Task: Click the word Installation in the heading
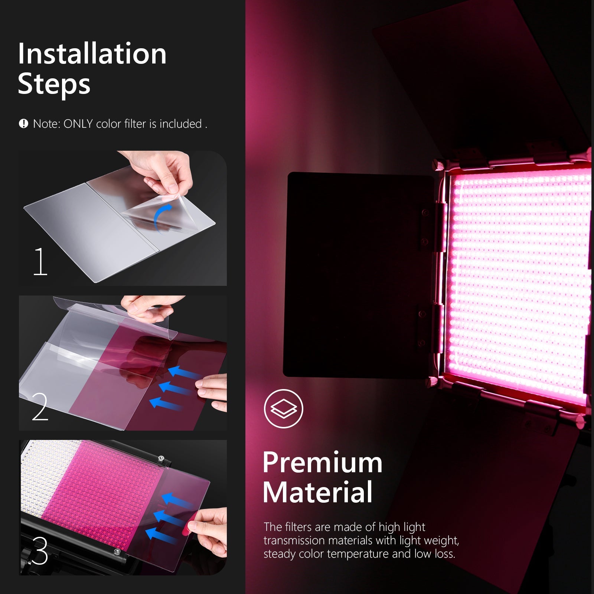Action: click(x=92, y=54)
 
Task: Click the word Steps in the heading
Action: click(x=54, y=84)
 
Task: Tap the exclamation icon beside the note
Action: click(x=23, y=124)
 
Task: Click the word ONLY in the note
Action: click(x=78, y=124)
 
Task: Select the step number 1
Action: click(x=40, y=262)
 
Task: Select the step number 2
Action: click(x=40, y=407)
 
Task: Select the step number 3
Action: click(x=40, y=551)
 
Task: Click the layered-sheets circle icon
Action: click(x=284, y=408)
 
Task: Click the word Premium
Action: click(x=322, y=463)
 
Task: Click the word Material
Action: click(x=317, y=492)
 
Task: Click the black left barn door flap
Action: click(x=356, y=275)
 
